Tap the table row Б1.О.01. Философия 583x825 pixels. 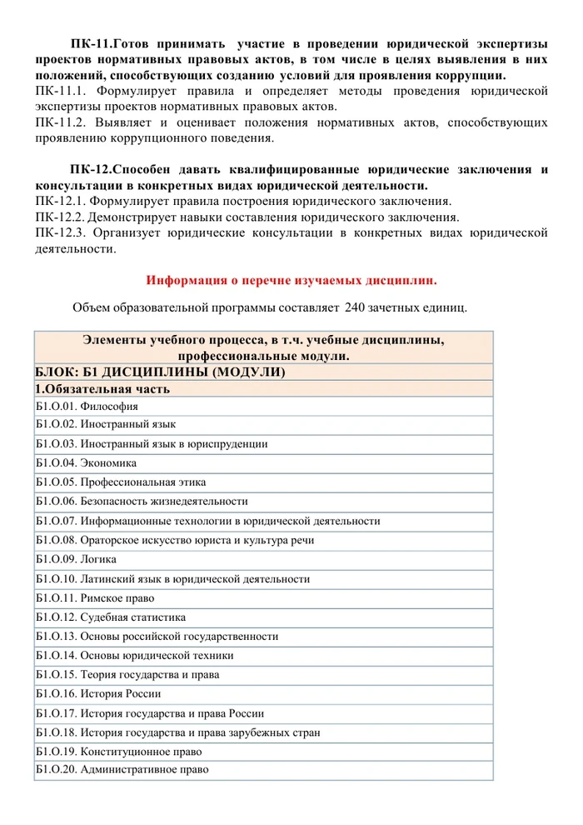click(x=87, y=407)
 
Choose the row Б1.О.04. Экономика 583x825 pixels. click(x=87, y=463)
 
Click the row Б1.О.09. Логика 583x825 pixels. click(x=77, y=559)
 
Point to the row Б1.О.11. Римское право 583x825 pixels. click(x=96, y=598)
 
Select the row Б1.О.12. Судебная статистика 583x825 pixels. click(x=111, y=617)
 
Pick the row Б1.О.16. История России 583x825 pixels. click(x=98, y=693)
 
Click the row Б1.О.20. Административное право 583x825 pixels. click(x=122, y=770)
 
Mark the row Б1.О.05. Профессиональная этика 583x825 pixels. click(x=121, y=482)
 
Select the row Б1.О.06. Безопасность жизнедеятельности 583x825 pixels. click(x=142, y=502)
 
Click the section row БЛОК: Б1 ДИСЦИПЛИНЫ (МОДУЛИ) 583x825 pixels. click(x=160, y=372)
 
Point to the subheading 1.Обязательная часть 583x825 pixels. click(x=103, y=388)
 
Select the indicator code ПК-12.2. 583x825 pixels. click(x=61, y=217)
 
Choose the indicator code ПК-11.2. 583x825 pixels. click(x=61, y=122)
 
